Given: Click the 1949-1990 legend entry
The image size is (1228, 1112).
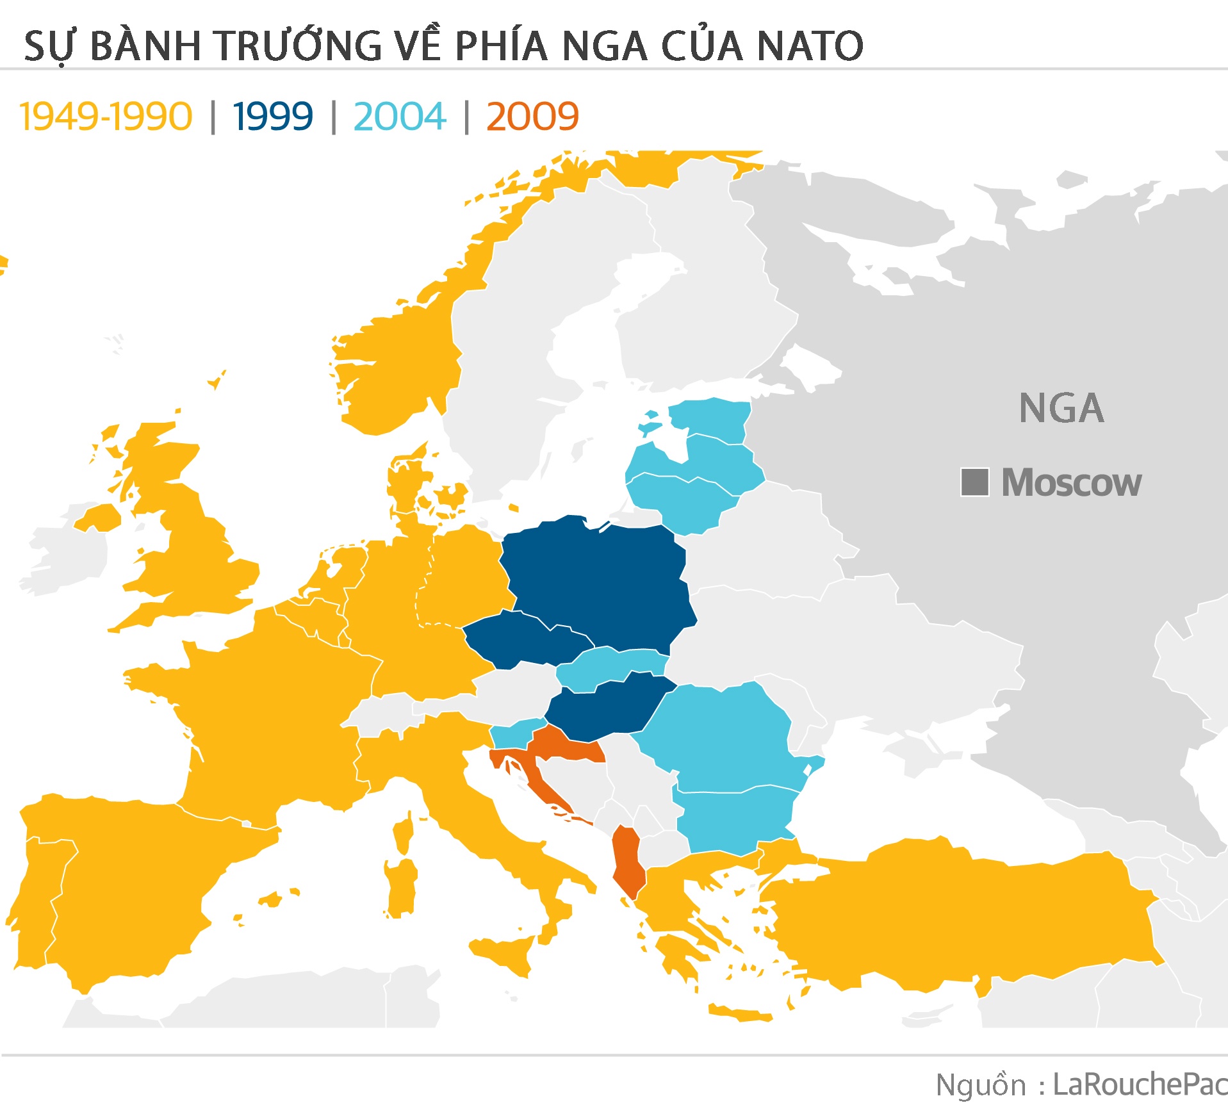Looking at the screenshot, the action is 106,117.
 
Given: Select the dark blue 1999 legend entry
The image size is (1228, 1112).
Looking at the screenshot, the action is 273,117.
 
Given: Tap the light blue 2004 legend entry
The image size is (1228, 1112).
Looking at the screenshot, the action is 400,117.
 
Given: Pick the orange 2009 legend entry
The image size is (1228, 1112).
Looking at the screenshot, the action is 532,117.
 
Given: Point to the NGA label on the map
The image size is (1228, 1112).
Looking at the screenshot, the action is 1061,409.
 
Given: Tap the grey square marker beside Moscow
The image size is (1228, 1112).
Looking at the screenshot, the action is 974,482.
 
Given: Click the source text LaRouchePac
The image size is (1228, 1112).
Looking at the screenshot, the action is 1140,1084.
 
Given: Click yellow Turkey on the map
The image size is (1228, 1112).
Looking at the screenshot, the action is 961,916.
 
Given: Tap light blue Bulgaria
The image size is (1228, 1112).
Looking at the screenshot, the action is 737,820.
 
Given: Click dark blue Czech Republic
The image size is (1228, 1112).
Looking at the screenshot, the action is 522,637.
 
